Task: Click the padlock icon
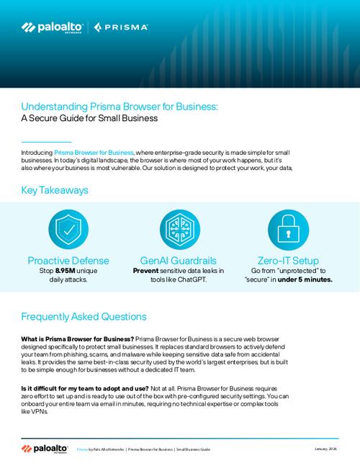coord(291,229)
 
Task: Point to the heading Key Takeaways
coord(55,191)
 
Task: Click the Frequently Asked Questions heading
coord(84,316)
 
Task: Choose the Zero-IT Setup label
coord(291,259)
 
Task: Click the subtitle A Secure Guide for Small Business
coord(89,118)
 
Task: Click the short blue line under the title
coord(46,140)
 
